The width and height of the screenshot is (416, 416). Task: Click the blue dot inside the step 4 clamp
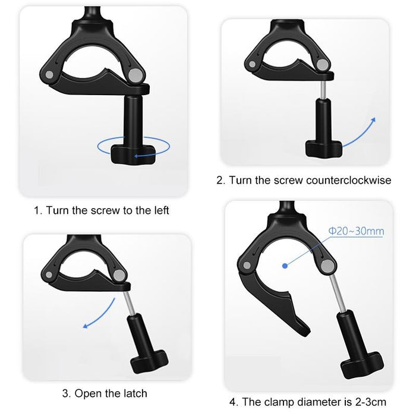(x=285, y=267)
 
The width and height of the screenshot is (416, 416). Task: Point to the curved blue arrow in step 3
(x=99, y=311)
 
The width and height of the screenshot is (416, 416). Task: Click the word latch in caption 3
(x=133, y=393)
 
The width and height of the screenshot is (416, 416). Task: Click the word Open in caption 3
(x=88, y=393)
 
